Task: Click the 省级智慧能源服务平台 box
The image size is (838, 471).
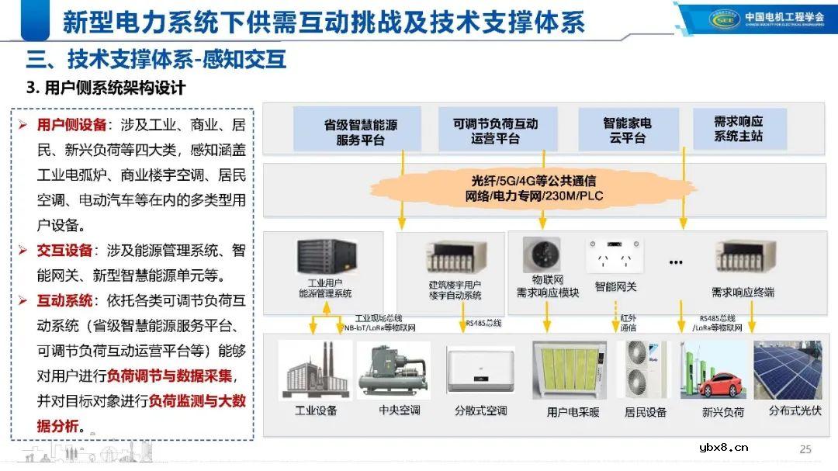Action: (x=356, y=129)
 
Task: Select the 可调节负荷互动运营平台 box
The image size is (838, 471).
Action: (x=495, y=130)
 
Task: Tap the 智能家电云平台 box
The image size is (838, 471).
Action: (x=628, y=130)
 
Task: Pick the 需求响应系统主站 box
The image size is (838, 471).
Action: (x=739, y=129)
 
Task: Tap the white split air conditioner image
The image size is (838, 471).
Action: (x=481, y=371)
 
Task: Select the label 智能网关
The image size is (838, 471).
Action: (x=615, y=286)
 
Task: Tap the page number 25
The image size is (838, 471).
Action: (x=805, y=449)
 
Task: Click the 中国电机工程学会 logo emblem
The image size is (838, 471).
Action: (x=725, y=19)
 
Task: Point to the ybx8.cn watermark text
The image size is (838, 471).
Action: (x=722, y=447)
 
